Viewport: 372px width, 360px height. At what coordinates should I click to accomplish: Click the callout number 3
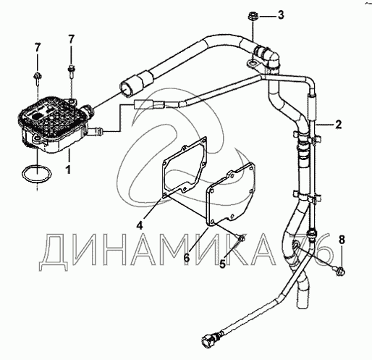pos(281,15)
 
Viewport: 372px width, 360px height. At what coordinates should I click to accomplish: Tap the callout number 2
pos(339,125)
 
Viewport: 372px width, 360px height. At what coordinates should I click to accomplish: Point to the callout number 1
pos(69,169)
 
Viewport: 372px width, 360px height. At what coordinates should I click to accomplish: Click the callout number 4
pos(140,225)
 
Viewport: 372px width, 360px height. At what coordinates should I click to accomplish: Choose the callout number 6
pos(187,257)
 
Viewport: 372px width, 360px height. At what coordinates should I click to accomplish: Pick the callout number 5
pos(222,264)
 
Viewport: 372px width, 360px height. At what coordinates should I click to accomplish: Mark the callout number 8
pos(342,240)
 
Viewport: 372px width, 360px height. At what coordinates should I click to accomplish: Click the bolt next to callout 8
pos(339,270)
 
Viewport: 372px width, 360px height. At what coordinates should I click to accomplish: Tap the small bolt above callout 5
pos(241,239)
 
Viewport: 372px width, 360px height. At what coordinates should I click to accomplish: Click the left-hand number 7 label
pos(38,48)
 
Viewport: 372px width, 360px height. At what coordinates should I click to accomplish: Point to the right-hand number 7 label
pos(71,39)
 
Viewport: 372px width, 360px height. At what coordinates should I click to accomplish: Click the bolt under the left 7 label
pos(38,78)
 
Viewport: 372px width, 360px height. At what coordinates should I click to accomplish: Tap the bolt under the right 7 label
pos(72,71)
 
